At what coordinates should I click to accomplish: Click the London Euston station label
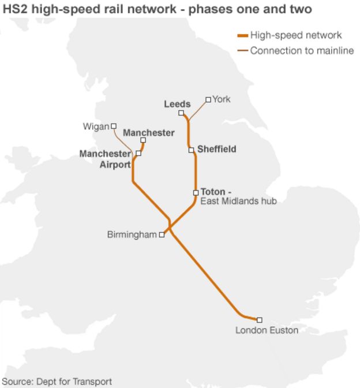(x=267, y=330)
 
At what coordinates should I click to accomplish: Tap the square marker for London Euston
(x=259, y=320)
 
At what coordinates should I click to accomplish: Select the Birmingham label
(x=132, y=234)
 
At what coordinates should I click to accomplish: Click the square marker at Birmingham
(x=162, y=234)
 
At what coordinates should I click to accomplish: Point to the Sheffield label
(x=217, y=149)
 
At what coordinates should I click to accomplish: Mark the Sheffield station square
(x=191, y=150)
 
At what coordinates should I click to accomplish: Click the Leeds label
(x=177, y=104)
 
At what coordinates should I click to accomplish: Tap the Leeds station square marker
(x=181, y=113)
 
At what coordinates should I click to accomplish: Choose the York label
(x=221, y=99)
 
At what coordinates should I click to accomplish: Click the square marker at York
(x=208, y=99)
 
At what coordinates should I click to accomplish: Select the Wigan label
(x=96, y=126)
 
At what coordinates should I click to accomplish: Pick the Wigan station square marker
(x=114, y=126)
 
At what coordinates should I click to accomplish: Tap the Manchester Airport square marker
(x=138, y=154)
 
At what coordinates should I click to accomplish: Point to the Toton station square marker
(x=196, y=192)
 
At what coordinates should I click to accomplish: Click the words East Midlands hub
(x=238, y=202)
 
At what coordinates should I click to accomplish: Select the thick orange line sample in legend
(x=242, y=36)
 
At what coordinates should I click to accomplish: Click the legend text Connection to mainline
(x=302, y=51)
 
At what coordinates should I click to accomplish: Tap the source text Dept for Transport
(x=74, y=381)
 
